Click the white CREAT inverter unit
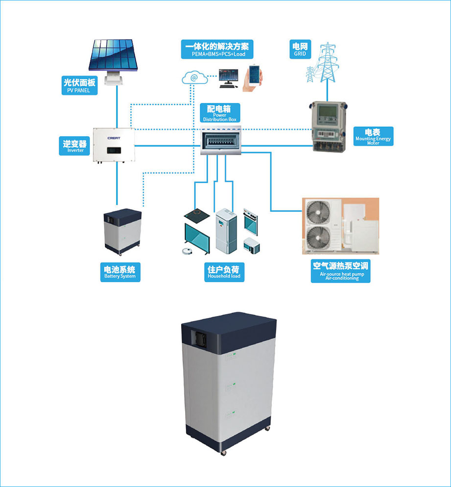click(114, 146)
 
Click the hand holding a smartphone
click(254, 77)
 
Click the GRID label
click(300, 49)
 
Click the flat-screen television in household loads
click(197, 238)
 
